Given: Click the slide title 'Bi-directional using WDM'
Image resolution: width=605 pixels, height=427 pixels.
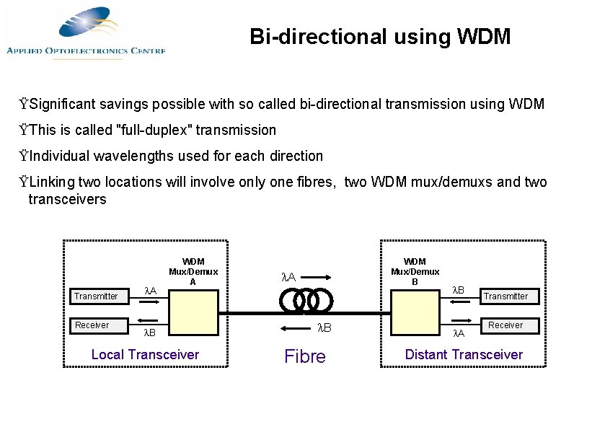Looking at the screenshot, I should coord(380,36).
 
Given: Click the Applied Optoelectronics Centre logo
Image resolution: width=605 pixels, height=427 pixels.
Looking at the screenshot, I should coord(87,32).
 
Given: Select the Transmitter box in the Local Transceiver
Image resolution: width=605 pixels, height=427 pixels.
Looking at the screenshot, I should coord(97,296).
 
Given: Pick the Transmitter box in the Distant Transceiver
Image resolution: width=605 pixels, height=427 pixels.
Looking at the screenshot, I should coord(505,296).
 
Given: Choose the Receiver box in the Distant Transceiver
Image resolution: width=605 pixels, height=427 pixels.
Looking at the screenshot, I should coord(505,325).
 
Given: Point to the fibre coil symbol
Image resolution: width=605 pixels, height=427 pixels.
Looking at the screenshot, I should coord(305,300).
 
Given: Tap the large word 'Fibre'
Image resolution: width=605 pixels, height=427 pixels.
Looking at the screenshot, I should coord(305,356).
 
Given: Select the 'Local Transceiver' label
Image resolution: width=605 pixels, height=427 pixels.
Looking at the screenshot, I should coord(145,354).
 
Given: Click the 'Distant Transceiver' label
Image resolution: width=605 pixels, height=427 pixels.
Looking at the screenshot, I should coord(464,354).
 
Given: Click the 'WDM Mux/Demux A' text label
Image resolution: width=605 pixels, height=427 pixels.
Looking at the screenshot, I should coord(193,271).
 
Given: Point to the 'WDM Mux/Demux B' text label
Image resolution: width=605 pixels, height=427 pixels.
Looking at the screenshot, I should coord(415,271).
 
